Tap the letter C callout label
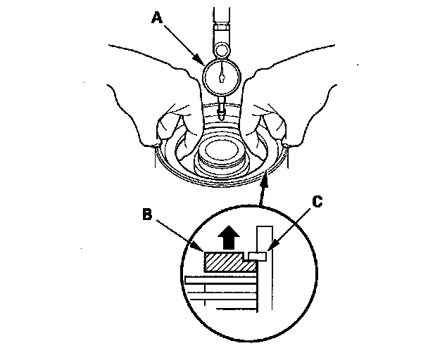(x=317, y=202)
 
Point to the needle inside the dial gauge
(x=222, y=73)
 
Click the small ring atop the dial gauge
(x=222, y=50)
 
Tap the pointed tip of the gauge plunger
(x=222, y=117)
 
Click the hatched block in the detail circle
(x=225, y=263)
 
